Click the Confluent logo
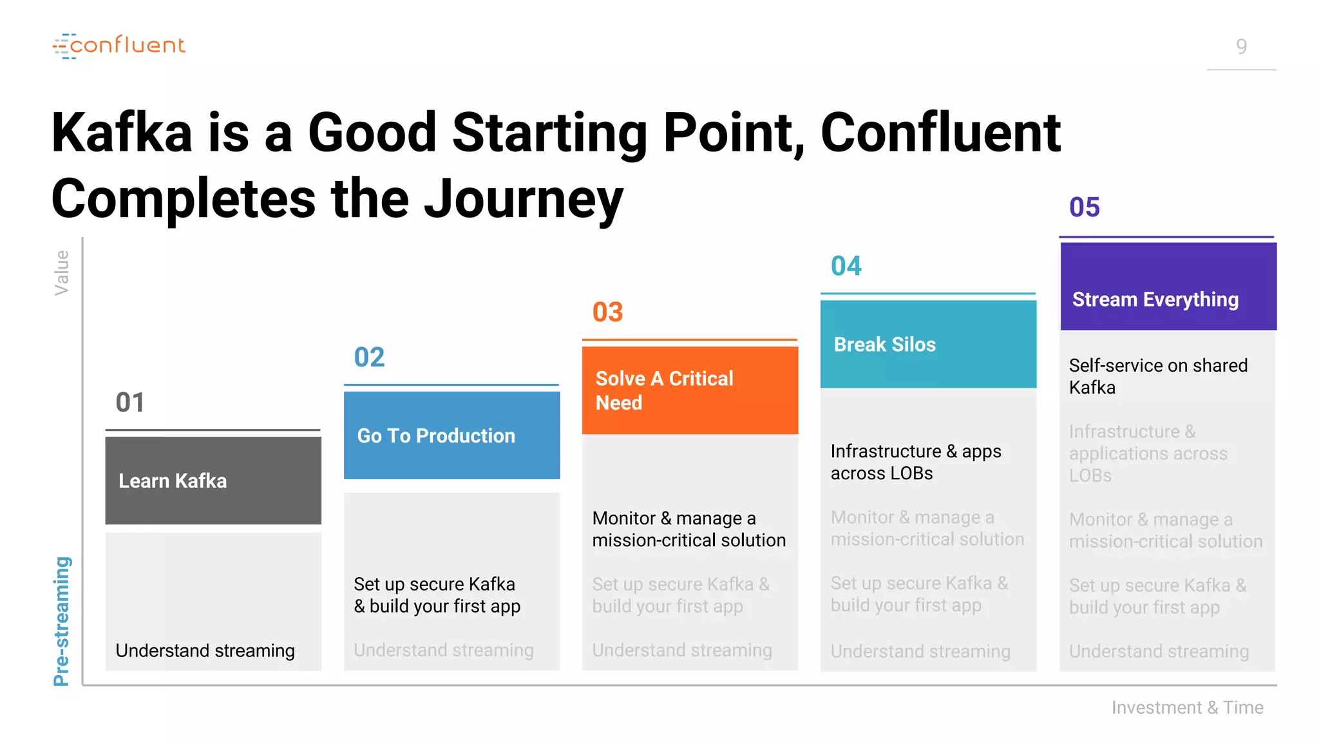(119, 46)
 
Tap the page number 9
(1241, 46)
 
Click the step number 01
(130, 403)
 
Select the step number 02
(369, 357)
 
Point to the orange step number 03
(607, 312)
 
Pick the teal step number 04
(846, 266)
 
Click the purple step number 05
(1084, 207)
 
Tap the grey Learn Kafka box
(213, 480)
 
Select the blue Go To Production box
(451, 435)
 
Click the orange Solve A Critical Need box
(690, 390)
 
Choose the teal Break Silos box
(928, 344)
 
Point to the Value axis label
(62, 272)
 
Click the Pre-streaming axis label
(62, 621)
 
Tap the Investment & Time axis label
(1187, 707)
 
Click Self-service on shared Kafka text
(1157, 376)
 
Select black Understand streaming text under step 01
(205, 651)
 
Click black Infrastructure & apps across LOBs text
(915, 462)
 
